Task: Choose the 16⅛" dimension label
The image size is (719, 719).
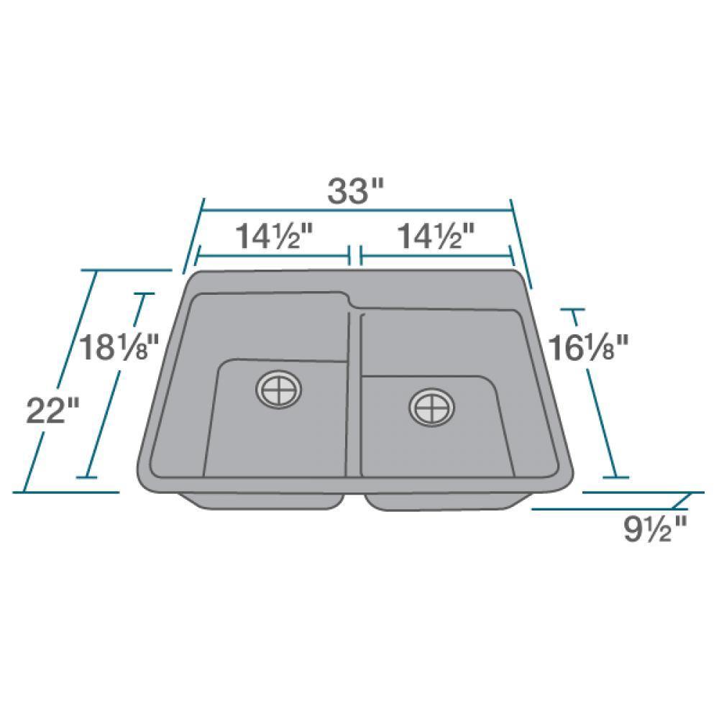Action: tap(588, 348)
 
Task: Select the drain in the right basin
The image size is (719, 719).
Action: tap(431, 408)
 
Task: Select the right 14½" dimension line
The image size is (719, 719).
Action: tap(436, 255)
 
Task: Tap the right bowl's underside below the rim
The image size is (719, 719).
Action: tap(446, 501)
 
